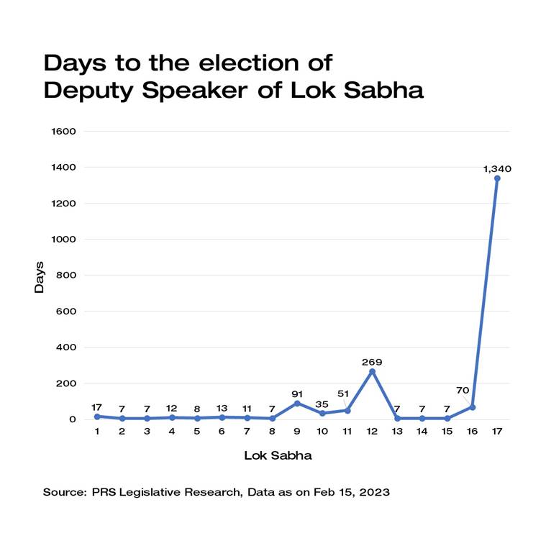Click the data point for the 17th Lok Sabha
click(x=497, y=178)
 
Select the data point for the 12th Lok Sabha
click(x=372, y=371)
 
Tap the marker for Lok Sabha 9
click(x=297, y=403)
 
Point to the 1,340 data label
click(x=497, y=168)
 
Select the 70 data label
click(x=463, y=391)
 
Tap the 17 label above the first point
click(x=97, y=406)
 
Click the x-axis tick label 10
click(x=322, y=431)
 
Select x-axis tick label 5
click(x=197, y=431)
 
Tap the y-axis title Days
click(x=40, y=276)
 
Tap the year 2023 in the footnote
click(x=374, y=492)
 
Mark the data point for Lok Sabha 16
click(x=472, y=407)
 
